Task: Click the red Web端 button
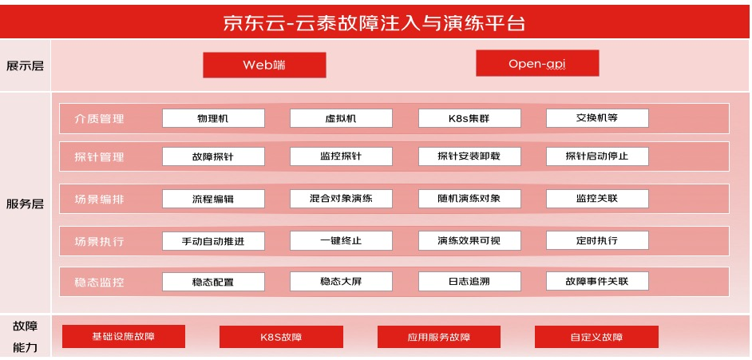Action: [x=264, y=65]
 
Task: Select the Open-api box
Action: [x=537, y=63]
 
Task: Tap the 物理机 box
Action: [x=213, y=118]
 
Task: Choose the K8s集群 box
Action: [x=469, y=118]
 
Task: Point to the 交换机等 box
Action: [x=597, y=118]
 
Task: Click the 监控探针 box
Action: [x=341, y=156]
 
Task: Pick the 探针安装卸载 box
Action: [x=469, y=156]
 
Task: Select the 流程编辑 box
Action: [x=213, y=199]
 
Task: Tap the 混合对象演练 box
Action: [x=341, y=199]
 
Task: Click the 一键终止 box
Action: [x=341, y=240]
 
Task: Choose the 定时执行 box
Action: [x=597, y=240]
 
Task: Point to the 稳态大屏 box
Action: [x=341, y=282]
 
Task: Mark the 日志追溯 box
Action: [x=469, y=282]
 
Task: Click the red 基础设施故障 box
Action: [x=124, y=336]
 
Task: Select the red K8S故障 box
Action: [x=281, y=337]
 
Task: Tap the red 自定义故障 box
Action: [x=596, y=337]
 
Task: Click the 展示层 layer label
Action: [x=25, y=65]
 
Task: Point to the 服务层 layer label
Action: [x=25, y=204]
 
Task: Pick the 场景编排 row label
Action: [x=99, y=199]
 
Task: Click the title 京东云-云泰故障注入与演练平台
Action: [x=374, y=23]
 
